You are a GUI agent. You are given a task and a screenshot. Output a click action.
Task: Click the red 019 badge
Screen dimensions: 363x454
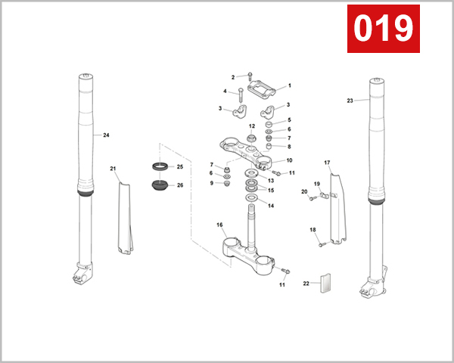click(383, 28)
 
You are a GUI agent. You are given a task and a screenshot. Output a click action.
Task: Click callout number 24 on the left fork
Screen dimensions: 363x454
click(106, 135)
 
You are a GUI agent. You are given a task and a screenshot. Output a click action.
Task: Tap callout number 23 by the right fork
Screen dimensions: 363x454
click(350, 101)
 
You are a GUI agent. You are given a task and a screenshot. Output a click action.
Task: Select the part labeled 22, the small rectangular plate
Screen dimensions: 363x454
click(327, 283)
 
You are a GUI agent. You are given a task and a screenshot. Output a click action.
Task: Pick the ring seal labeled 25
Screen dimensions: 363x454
click(160, 166)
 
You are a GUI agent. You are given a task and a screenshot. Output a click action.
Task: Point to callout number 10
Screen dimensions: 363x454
click(288, 160)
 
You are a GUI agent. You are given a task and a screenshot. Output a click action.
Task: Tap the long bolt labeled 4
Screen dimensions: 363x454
click(239, 97)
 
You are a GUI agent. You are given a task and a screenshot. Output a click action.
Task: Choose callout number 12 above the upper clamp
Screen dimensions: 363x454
click(251, 126)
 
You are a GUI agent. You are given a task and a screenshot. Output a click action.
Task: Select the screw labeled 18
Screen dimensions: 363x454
click(321, 243)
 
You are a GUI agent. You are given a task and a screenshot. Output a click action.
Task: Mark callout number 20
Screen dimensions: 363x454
click(304, 192)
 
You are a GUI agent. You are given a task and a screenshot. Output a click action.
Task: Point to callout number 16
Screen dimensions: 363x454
click(219, 225)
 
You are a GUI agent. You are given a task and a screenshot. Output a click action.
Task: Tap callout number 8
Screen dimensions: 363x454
click(288, 147)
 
